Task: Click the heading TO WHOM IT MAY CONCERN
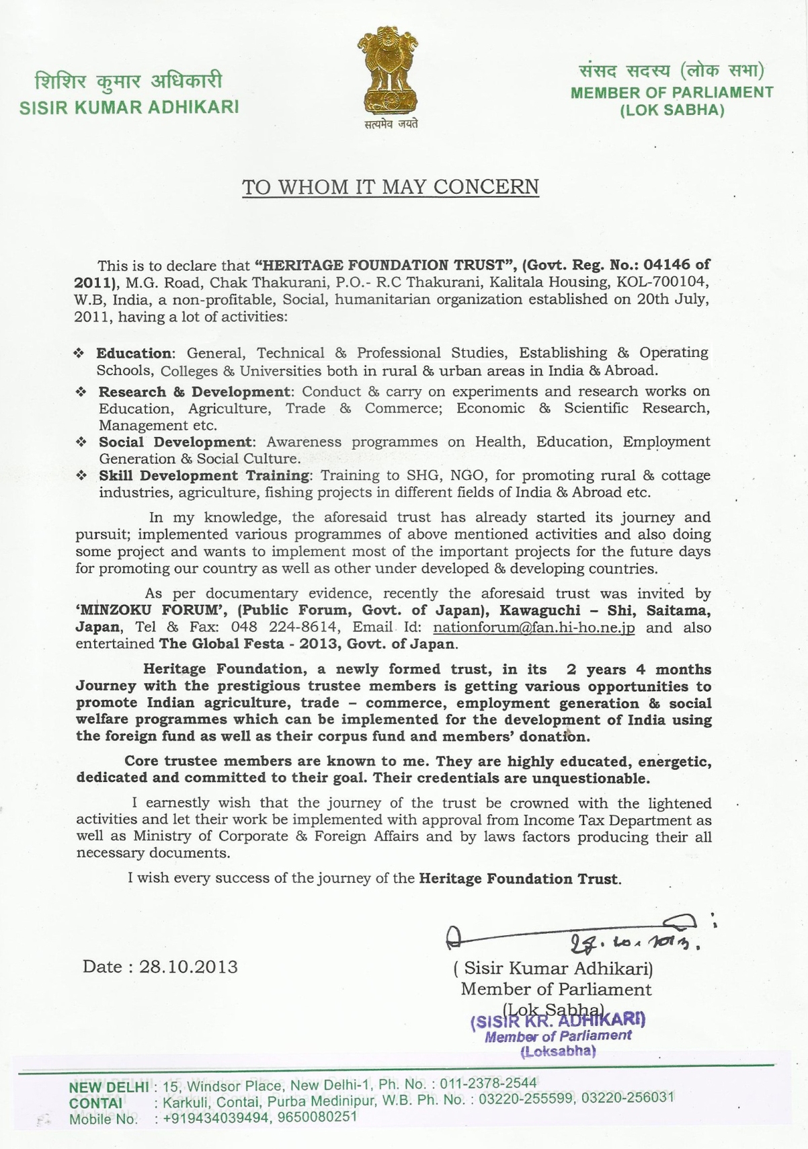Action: coord(391,186)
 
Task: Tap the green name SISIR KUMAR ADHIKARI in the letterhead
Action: coord(129,108)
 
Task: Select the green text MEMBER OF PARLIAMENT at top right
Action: coord(672,93)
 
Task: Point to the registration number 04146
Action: coord(667,265)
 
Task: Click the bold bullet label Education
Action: coord(134,353)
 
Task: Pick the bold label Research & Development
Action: coord(194,391)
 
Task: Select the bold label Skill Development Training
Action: coord(204,476)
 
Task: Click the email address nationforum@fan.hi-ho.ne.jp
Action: coord(534,628)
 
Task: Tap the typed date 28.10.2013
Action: coord(188,967)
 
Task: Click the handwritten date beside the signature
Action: coord(635,942)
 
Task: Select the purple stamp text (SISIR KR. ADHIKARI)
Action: coord(558,1021)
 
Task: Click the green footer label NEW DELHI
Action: coord(109,1087)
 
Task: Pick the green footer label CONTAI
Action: coord(95,1103)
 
